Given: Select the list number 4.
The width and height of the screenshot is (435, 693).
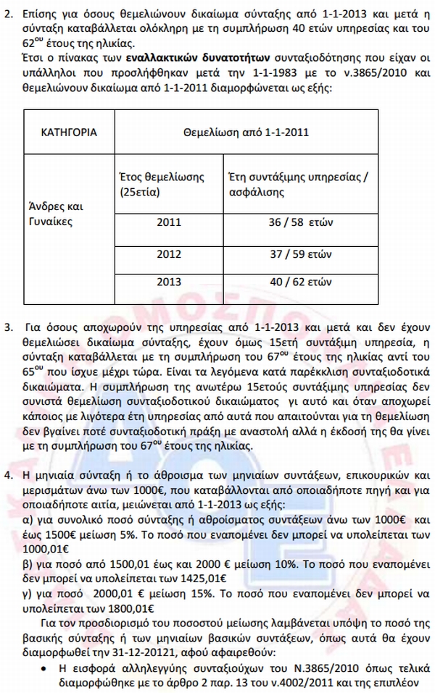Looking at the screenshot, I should point(8,475).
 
